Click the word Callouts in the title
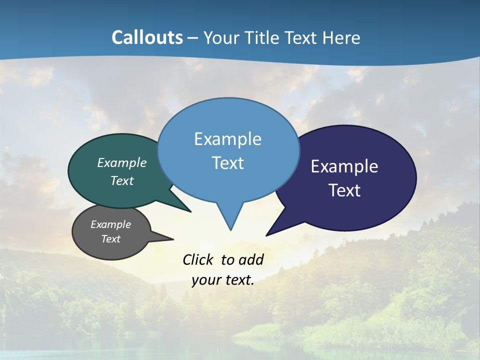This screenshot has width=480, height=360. coord(147,37)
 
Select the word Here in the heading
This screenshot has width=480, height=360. coord(341,37)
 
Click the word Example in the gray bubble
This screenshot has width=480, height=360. coord(110,224)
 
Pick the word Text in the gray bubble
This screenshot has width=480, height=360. coord(110,239)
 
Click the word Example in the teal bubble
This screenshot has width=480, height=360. coord(121,163)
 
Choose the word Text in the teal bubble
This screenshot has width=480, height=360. coord(121,180)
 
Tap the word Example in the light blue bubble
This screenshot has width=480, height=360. coord(227,139)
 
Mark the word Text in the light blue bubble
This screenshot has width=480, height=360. coord(227,163)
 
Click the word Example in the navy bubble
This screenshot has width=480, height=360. coord(344,166)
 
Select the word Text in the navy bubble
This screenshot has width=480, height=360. coord(344,190)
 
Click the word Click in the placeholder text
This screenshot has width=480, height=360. coord(198,259)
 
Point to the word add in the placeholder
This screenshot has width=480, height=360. coord(251,259)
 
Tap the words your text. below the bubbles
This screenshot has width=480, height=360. coord(223,280)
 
